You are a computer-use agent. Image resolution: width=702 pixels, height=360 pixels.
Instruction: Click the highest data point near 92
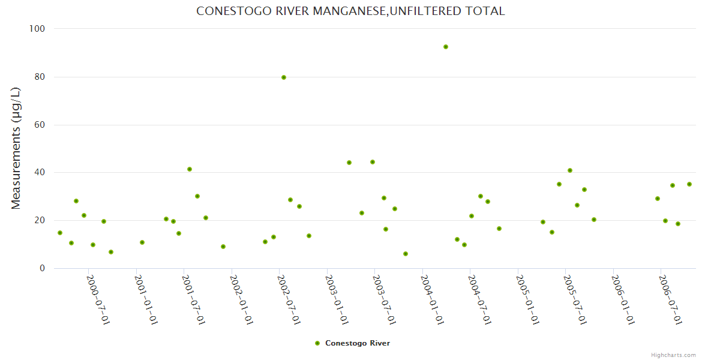pos(446,47)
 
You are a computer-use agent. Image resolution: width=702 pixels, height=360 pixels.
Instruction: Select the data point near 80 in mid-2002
pos(284,77)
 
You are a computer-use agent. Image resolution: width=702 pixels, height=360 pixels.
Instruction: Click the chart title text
pos(350,11)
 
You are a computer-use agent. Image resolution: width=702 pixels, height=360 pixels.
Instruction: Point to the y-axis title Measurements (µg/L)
pos(16,148)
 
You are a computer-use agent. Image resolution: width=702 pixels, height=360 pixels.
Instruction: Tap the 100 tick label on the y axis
pos(37,29)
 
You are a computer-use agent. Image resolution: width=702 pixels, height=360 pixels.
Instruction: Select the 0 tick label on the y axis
pos(42,268)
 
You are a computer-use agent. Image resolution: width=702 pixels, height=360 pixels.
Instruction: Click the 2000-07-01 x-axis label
pos(98,299)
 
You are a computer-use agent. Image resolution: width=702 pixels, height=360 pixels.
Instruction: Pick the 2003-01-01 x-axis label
pos(337,299)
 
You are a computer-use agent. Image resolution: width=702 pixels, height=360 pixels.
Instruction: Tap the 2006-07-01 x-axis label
pos(670,299)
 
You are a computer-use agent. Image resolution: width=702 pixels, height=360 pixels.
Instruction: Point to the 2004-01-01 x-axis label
pos(432,299)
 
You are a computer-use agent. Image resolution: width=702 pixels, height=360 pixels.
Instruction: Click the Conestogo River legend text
pos(358,343)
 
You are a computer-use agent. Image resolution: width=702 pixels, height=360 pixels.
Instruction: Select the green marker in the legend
pos(317,343)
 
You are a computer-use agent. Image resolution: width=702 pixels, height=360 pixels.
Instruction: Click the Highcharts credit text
pos(673,355)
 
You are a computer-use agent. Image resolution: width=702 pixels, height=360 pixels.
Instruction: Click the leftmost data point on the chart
pos(60,233)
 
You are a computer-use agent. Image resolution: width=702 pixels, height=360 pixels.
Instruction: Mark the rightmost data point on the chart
pos(689,184)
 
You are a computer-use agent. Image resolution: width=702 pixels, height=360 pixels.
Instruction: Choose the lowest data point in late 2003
pos(406,254)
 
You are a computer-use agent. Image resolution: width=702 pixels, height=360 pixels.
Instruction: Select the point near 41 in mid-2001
pos(190,169)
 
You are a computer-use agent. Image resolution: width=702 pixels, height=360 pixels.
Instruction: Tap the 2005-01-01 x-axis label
pos(527,299)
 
